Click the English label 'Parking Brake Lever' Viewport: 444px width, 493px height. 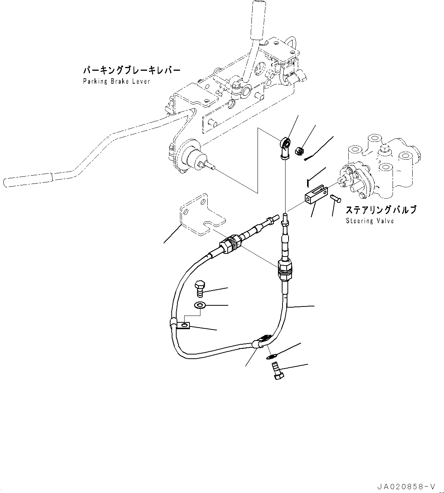click(116, 81)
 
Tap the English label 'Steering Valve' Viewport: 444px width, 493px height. click(369, 221)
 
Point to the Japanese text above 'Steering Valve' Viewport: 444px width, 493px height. click(381, 210)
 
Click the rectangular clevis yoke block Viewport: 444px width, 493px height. click(314, 194)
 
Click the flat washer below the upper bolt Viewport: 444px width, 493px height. click(199, 305)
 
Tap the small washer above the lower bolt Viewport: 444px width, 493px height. click(271, 356)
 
